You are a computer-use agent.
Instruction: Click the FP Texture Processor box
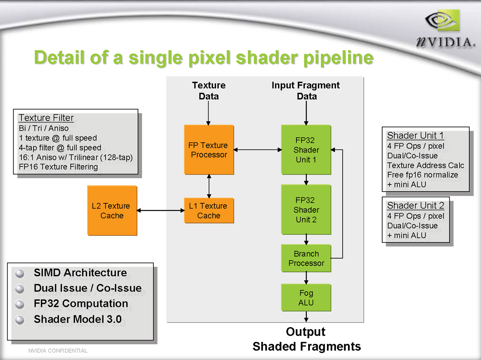(x=209, y=150)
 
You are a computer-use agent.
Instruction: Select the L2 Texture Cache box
(x=112, y=210)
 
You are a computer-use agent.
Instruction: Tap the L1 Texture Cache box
(x=209, y=210)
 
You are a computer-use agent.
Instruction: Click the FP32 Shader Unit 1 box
(x=306, y=150)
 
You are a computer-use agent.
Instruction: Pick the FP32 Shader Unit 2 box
(x=306, y=210)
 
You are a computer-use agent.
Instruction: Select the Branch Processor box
(x=306, y=258)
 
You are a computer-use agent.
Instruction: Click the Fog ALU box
(x=306, y=298)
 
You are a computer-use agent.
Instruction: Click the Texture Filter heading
(x=46, y=118)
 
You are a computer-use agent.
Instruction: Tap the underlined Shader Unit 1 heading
(x=415, y=135)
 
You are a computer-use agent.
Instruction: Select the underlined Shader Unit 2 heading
(x=416, y=206)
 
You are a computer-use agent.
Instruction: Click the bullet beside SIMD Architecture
(x=20, y=273)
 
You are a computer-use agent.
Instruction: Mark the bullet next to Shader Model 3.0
(x=20, y=320)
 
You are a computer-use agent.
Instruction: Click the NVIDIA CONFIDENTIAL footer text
(x=58, y=351)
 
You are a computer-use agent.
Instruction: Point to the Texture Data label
(x=209, y=91)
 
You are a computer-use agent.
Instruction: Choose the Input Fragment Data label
(x=306, y=91)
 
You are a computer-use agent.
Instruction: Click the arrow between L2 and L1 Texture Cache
(x=161, y=210)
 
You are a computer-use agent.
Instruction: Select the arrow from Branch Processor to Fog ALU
(x=306, y=278)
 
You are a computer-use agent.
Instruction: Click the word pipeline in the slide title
(x=338, y=57)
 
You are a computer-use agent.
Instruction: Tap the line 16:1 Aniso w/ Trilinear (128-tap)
(x=76, y=157)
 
